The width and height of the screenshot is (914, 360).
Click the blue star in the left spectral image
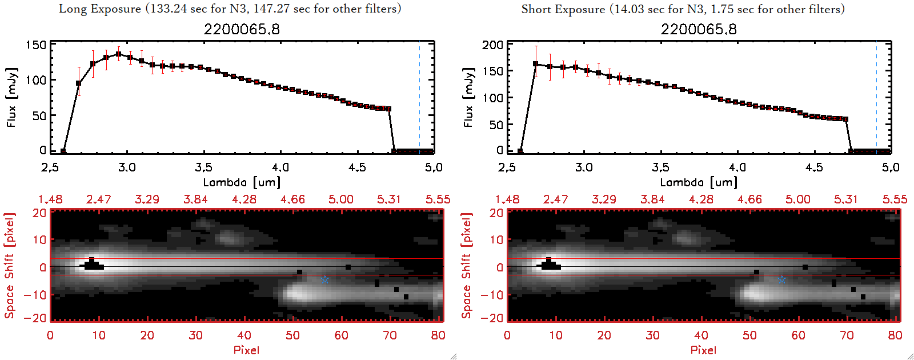point(324,279)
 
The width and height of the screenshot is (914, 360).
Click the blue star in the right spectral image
point(781,279)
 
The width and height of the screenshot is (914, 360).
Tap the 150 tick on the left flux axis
point(36,45)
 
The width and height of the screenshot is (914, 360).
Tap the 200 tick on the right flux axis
point(492,45)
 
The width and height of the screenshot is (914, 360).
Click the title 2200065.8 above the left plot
point(242,29)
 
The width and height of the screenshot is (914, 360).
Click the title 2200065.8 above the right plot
point(699,29)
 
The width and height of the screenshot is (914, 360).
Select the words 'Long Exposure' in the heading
point(99,9)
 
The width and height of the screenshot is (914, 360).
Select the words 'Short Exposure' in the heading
point(563,9)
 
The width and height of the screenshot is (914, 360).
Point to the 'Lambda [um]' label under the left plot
point(242,182)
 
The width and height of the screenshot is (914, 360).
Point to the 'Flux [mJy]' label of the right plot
point(468,97)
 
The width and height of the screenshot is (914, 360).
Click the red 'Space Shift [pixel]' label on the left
point(10,265)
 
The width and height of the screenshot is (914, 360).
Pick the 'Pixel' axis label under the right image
point(703,350)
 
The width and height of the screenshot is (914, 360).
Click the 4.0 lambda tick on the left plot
point(280,167)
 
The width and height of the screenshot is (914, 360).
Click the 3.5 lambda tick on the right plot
point(660,167)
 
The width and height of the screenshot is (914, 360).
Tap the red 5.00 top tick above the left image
point(341,199)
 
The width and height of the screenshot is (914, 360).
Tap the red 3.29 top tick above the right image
point(604,199)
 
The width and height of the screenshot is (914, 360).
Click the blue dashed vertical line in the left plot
point(419,97)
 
